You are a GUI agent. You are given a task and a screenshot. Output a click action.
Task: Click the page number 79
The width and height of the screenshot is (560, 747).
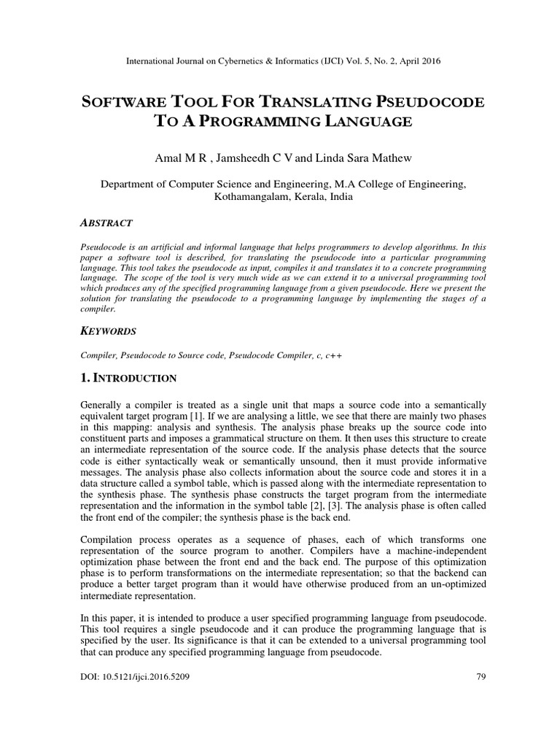481,677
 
